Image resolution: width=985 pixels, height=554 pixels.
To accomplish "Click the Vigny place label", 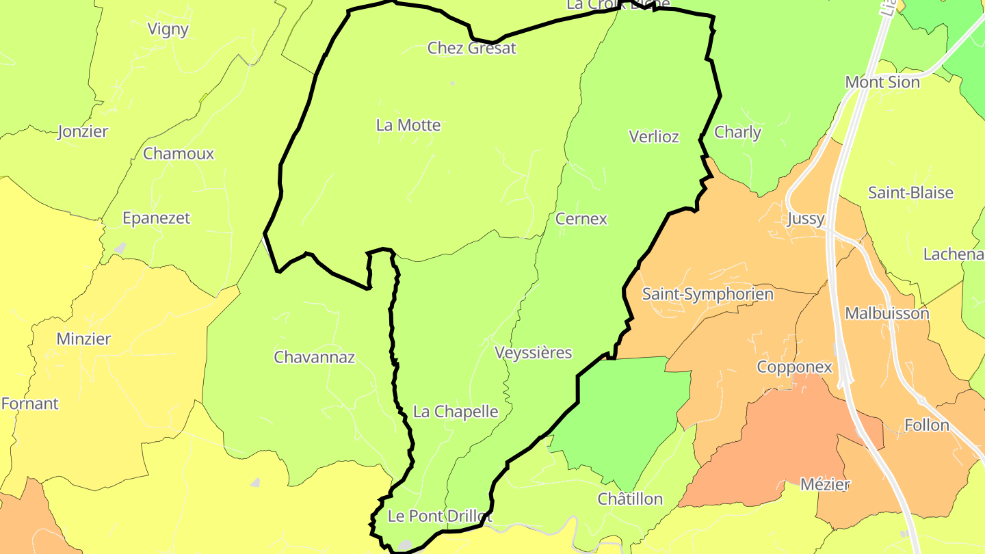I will (168, 29).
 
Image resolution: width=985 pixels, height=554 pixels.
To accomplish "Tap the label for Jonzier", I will (83, 131).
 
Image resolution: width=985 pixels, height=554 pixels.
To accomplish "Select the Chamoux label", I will (179, 153).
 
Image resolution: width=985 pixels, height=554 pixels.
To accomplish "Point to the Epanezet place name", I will (156, 218).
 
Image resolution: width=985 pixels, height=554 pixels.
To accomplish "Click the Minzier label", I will (83, 339).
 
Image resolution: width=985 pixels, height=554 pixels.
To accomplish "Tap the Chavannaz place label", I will (314, 357).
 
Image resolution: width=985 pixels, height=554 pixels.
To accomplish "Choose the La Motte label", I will (408, 125).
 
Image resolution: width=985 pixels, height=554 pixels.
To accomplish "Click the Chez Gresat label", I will (471, 48).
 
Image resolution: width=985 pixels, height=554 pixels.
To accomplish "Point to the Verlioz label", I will (654, 136).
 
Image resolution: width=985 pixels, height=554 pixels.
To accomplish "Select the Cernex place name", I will (581, 219).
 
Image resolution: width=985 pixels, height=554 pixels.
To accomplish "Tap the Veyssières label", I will (533, 353).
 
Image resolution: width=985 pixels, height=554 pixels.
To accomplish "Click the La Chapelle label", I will (456, 412).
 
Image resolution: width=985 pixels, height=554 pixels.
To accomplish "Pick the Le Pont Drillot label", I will (440, 516).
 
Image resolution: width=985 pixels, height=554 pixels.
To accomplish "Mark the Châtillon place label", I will (630, 499).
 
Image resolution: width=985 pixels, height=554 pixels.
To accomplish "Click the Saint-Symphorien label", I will (707, 294).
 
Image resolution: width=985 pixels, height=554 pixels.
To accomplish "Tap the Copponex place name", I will (794, 367).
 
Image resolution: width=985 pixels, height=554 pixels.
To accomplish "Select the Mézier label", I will (825, 484).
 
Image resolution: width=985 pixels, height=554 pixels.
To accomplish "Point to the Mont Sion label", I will (882, 82).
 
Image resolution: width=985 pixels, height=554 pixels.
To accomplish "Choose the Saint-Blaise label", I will (910, 192).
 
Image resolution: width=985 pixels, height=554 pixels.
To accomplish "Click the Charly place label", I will (737, 132).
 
